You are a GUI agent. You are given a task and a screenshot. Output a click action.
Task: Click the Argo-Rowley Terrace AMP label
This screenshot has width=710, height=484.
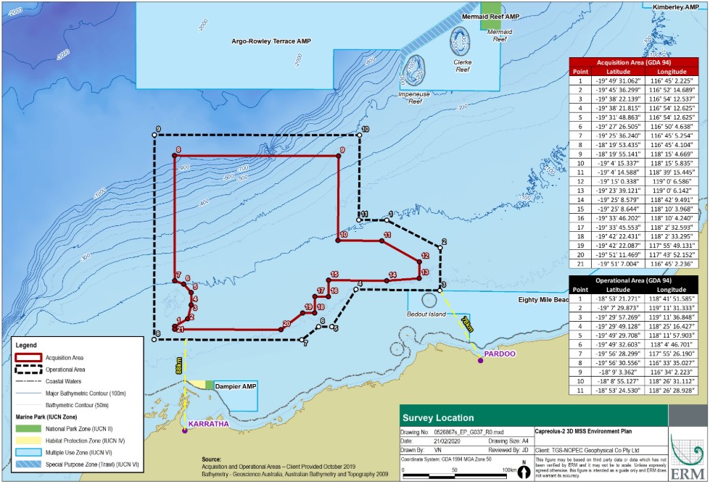coord(268,41)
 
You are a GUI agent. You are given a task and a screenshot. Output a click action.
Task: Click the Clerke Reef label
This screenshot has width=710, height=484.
coord(463,62)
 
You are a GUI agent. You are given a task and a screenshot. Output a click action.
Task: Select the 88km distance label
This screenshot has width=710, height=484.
coord(178,365)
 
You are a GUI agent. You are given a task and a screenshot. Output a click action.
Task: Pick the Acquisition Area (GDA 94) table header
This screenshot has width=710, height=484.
coord(638,63)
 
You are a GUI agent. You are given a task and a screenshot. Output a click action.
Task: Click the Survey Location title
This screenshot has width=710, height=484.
coord(439,418)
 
